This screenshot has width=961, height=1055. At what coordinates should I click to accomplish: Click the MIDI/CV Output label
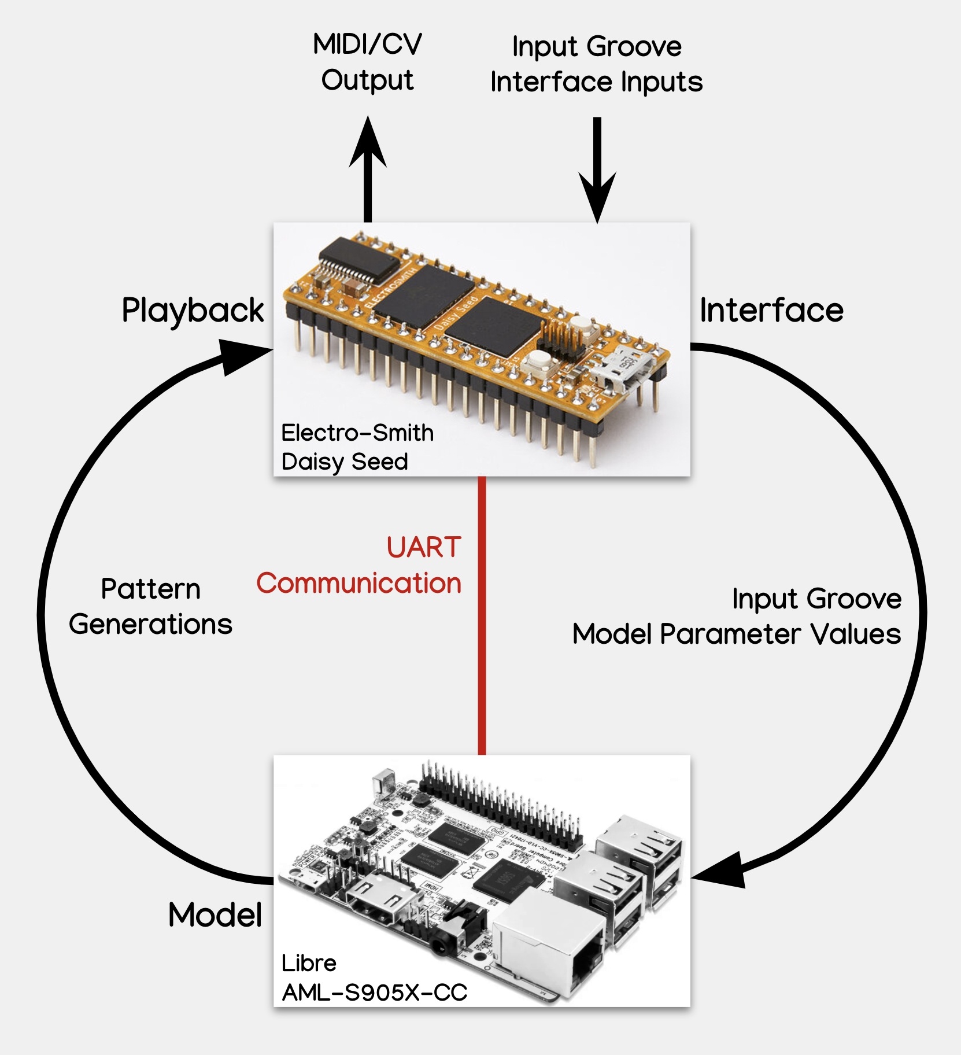click(368, 62)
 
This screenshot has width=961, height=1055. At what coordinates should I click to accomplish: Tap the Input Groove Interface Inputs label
click(596, 64)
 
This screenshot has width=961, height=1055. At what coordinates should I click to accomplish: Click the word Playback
click(193, 311)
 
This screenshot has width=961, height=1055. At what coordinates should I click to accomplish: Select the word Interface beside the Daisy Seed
click(771, 311)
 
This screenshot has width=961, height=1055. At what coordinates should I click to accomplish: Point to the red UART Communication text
click(360, 565)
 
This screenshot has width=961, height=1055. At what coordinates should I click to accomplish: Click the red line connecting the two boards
click(482, 615)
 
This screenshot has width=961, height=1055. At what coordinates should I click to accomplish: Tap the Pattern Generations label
click(150, 607)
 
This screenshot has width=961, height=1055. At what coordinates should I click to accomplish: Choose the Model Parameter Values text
click(736, 635)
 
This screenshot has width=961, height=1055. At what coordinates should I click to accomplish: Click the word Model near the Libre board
click(215, 915)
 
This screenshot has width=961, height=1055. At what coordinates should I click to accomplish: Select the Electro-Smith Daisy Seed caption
click(357, 447)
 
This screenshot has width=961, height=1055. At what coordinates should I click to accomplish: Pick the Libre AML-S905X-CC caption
click(374, 978)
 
